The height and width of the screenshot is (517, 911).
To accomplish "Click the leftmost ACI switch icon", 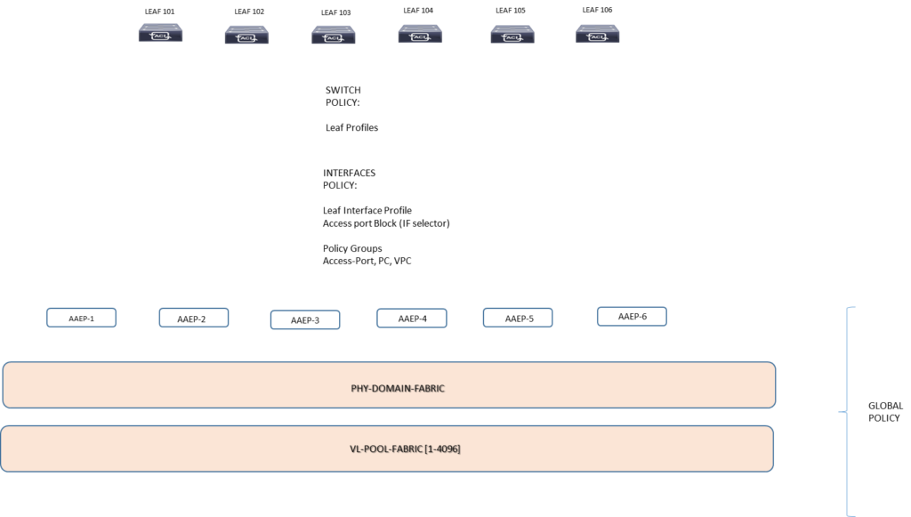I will click(160, 34).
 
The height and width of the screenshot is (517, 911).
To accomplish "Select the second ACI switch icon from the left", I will click(246, 35).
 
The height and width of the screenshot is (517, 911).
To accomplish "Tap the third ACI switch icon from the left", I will click(334, 35).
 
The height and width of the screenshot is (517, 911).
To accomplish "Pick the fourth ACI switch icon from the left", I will click(420, 34).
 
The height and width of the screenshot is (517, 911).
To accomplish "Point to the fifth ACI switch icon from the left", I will click(512, 35).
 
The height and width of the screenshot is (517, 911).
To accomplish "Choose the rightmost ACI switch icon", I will click(598, 34).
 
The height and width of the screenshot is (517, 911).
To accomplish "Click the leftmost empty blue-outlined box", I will click(81, 318).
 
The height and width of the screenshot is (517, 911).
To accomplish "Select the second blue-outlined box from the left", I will click(194, 318).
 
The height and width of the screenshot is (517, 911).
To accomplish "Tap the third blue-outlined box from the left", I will click(305, 319).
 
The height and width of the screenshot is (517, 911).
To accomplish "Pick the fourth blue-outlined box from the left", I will click(412, 318).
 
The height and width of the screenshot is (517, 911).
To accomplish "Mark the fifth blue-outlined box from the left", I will click(518, 318).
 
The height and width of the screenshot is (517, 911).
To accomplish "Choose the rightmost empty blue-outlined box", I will click(632, 316).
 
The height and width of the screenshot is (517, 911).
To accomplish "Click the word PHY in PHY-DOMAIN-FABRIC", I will click(359, 388).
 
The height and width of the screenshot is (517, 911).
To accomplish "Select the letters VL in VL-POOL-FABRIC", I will click(354, 449).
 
